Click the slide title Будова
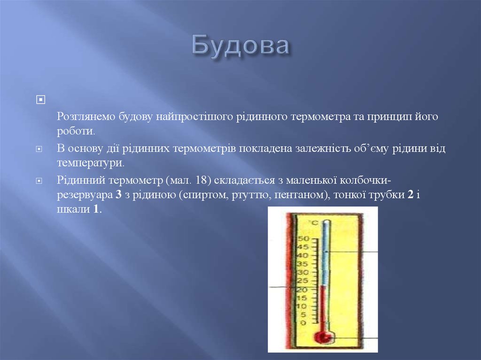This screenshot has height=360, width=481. tap(240, 46)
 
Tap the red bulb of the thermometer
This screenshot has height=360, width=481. tap(322, 336)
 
